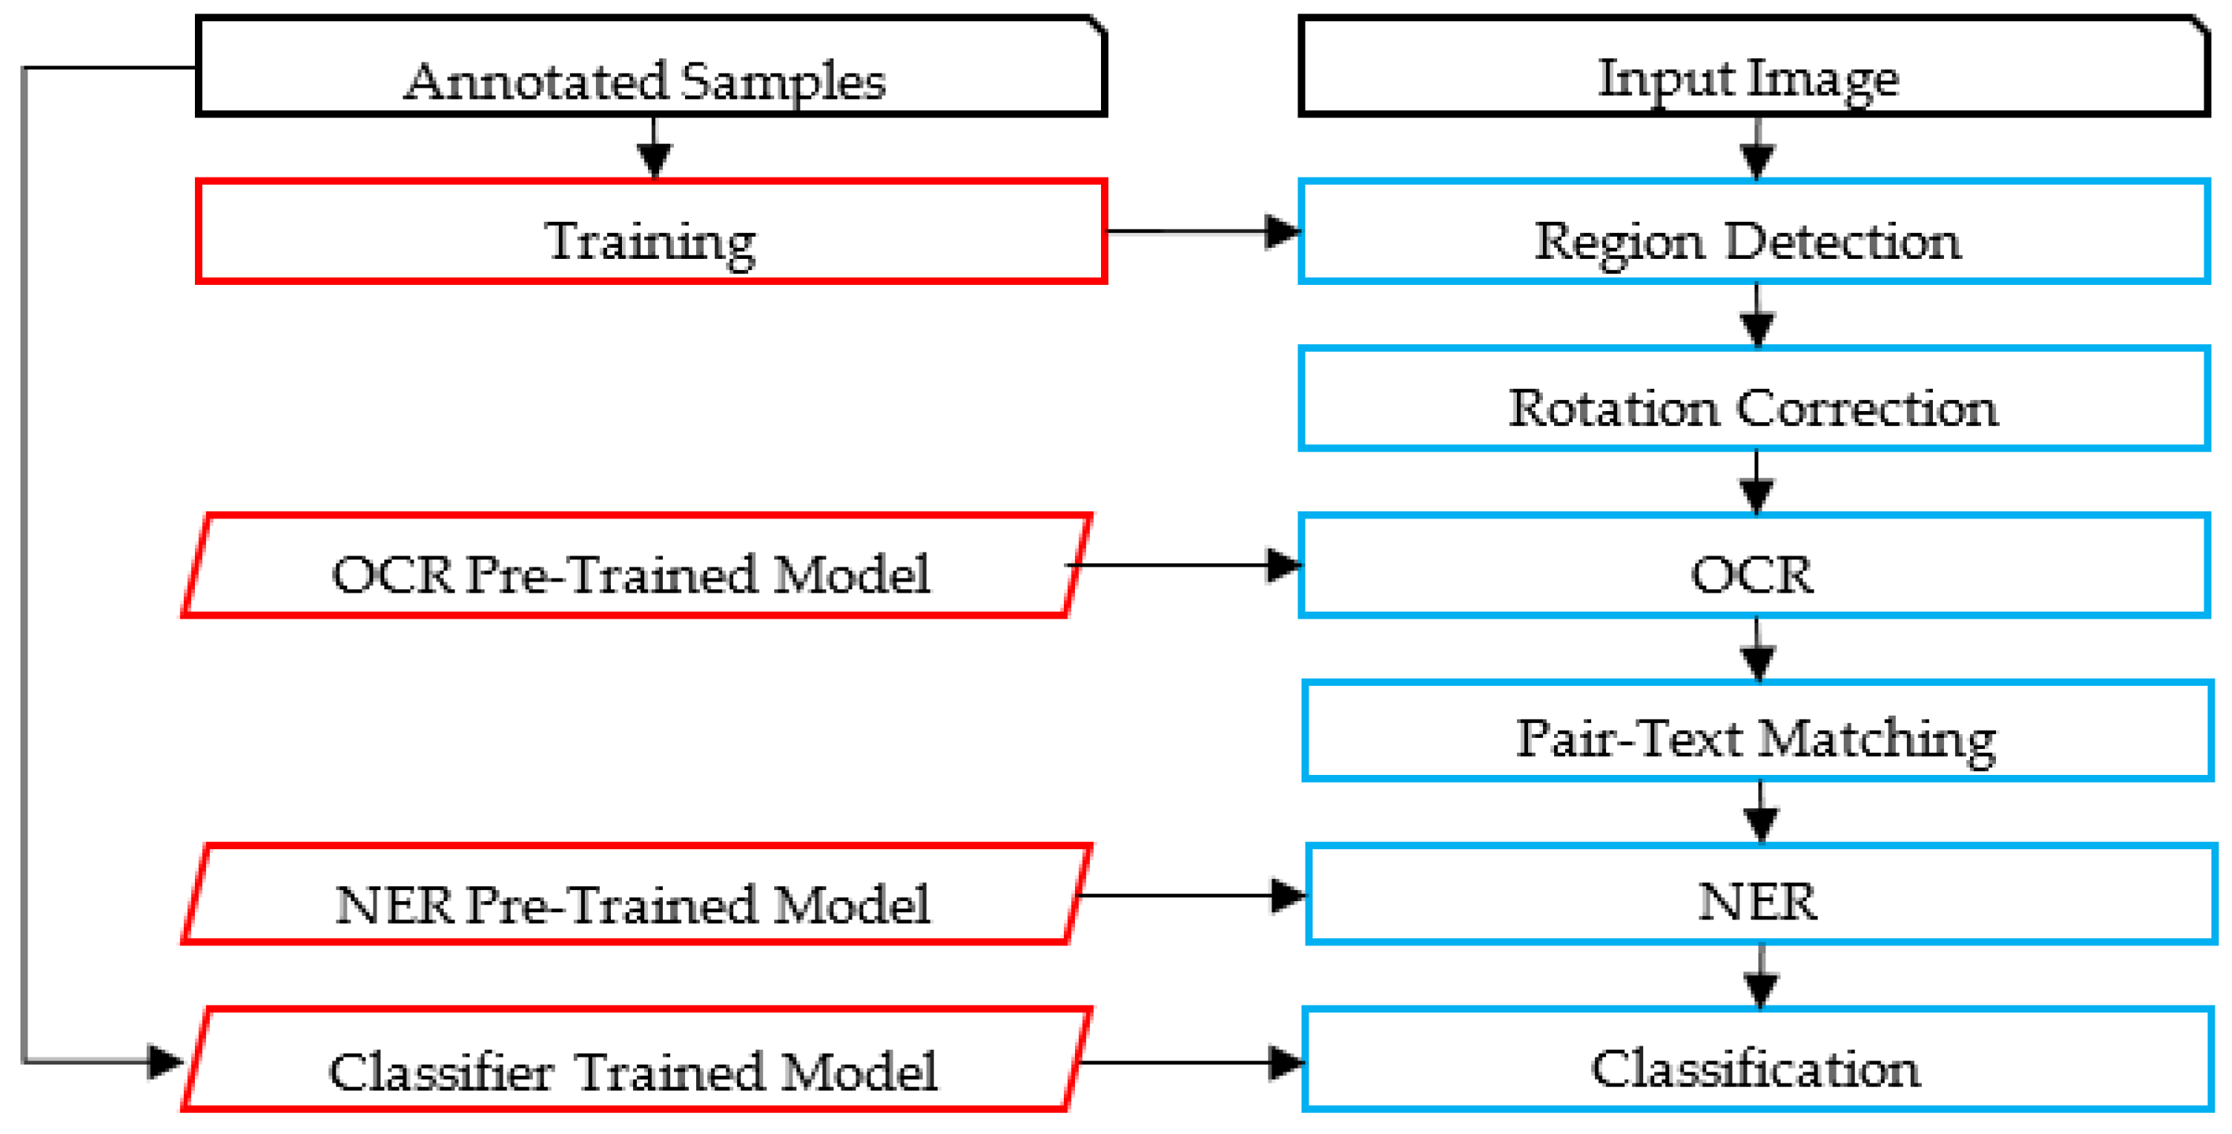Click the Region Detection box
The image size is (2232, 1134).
click(x=1753, y=231)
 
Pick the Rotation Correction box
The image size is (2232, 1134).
click(x=1753, y=399)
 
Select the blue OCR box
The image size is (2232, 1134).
click(x=1753, y=566)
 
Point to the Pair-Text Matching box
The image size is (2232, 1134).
click(x=1756, y=732)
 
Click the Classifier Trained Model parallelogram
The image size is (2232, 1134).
click(x=637, y=1060)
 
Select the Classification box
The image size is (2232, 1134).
click(x=1756, y=1060)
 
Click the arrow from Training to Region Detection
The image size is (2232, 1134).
click(x=1204, y=231)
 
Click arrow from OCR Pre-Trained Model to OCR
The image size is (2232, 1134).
click(x=1187, y=566)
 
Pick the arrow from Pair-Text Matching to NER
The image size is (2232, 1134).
click(x=1760, y=813)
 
